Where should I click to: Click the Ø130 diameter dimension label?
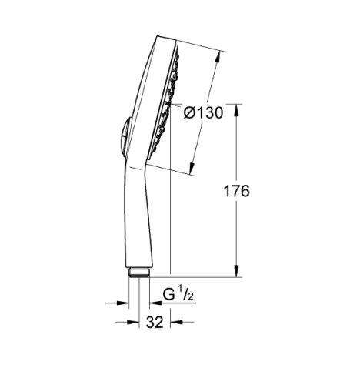(x=204, y=113)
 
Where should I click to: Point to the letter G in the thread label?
(x=169, y=293)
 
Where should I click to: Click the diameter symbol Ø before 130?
(x=190, y=113)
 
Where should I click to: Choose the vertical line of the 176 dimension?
(x=235, y=231)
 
